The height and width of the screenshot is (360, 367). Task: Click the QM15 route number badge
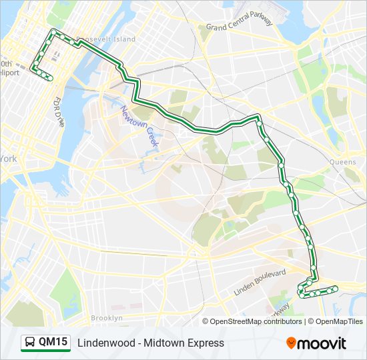pos(53,342)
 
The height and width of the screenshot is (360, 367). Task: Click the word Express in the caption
pos(204,343)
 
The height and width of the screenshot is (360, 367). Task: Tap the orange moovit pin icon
pos(292,343)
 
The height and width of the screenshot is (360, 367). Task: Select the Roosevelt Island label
pos(107,39)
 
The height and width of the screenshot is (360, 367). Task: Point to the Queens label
pos(343,162)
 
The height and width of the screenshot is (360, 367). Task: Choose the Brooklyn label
pos(107,318)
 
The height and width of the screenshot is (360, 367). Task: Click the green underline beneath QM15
pos(45,351)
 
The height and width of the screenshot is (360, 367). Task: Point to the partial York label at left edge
pos(8,159)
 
